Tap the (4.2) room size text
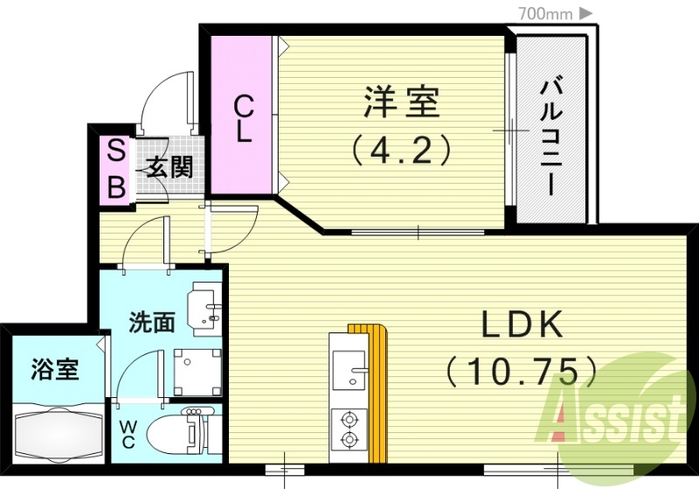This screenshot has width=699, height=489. tap(401, 150)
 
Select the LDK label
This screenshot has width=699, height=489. tap(522, 326)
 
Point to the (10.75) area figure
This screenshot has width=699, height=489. tap(523, 372)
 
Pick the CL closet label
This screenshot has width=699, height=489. tap(244, 120)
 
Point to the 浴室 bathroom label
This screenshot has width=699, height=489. tap(54, 369)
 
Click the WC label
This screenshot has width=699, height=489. tap(128, 433)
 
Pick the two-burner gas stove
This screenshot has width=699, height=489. tap(349, 428)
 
